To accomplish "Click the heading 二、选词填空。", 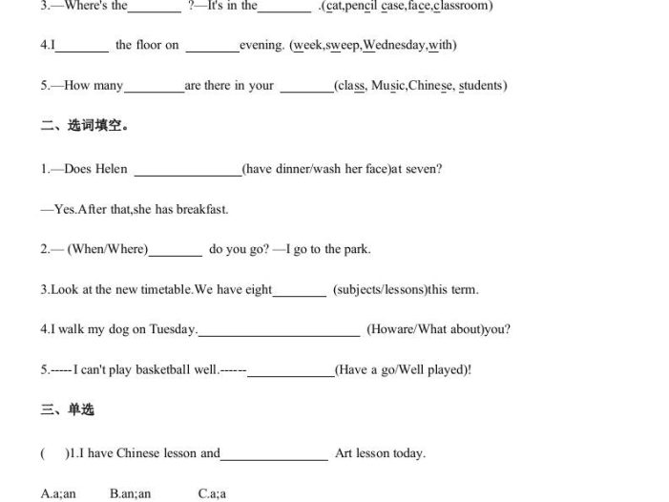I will tap(84, 126).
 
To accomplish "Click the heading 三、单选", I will tap(67, 410).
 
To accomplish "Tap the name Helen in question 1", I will tap(112, 169).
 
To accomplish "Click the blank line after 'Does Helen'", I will tap(188, 172).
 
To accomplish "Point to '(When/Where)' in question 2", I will tap(108, 249).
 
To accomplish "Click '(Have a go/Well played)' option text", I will tap(402, 369).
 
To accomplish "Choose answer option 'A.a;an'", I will tap(58, 493).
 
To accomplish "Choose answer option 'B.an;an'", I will tap(130, 493).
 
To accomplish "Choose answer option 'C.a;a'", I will tap(212, 493).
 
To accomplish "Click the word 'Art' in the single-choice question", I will tap(345, 453).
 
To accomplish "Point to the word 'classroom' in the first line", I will tap(462, 6).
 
